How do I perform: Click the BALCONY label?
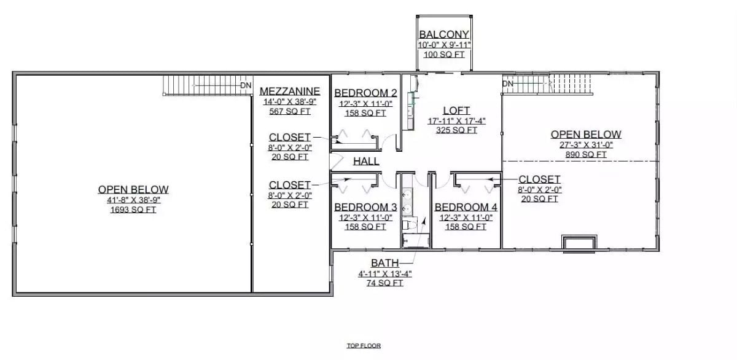(444, 34)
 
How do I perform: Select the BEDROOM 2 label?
(365, 93)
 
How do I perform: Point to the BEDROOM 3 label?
(365, 207)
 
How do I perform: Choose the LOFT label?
(456, 111)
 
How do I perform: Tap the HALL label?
(366, 162)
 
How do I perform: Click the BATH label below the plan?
(384, 264)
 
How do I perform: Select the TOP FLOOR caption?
(364, 346)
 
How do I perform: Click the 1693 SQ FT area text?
(133, 210)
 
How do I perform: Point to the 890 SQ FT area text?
(586, 155)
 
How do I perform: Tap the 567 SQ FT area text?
(289, 112)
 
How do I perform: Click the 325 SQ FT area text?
(456, 130)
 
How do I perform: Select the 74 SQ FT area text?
(384, 283)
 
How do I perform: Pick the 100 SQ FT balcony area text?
(444, 55)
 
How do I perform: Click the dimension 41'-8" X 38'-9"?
(133, 200)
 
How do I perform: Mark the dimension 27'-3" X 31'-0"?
(586, 145)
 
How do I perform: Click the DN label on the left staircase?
(246, 85)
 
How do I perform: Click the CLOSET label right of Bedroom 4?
(539, 179)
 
